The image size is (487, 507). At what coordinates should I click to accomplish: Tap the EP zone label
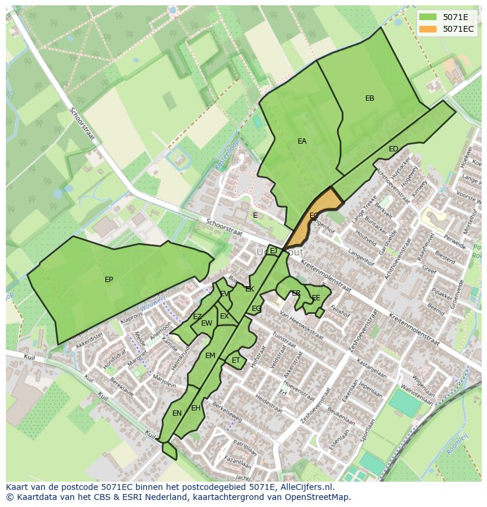109,280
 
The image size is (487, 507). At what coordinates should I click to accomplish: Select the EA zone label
302,141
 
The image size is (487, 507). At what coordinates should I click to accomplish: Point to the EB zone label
369,98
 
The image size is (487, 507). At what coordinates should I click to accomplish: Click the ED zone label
393,149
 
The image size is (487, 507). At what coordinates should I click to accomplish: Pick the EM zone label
210,356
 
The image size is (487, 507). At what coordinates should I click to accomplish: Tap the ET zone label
236,360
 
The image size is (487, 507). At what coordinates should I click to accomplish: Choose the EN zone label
177,413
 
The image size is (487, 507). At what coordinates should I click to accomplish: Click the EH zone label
196,408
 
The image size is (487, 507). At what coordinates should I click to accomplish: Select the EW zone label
206,323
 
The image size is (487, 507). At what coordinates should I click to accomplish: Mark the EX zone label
224,316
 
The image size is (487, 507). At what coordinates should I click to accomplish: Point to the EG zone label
256,309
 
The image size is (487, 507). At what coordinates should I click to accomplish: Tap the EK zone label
249,289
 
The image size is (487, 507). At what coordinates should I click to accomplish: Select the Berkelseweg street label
227,413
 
